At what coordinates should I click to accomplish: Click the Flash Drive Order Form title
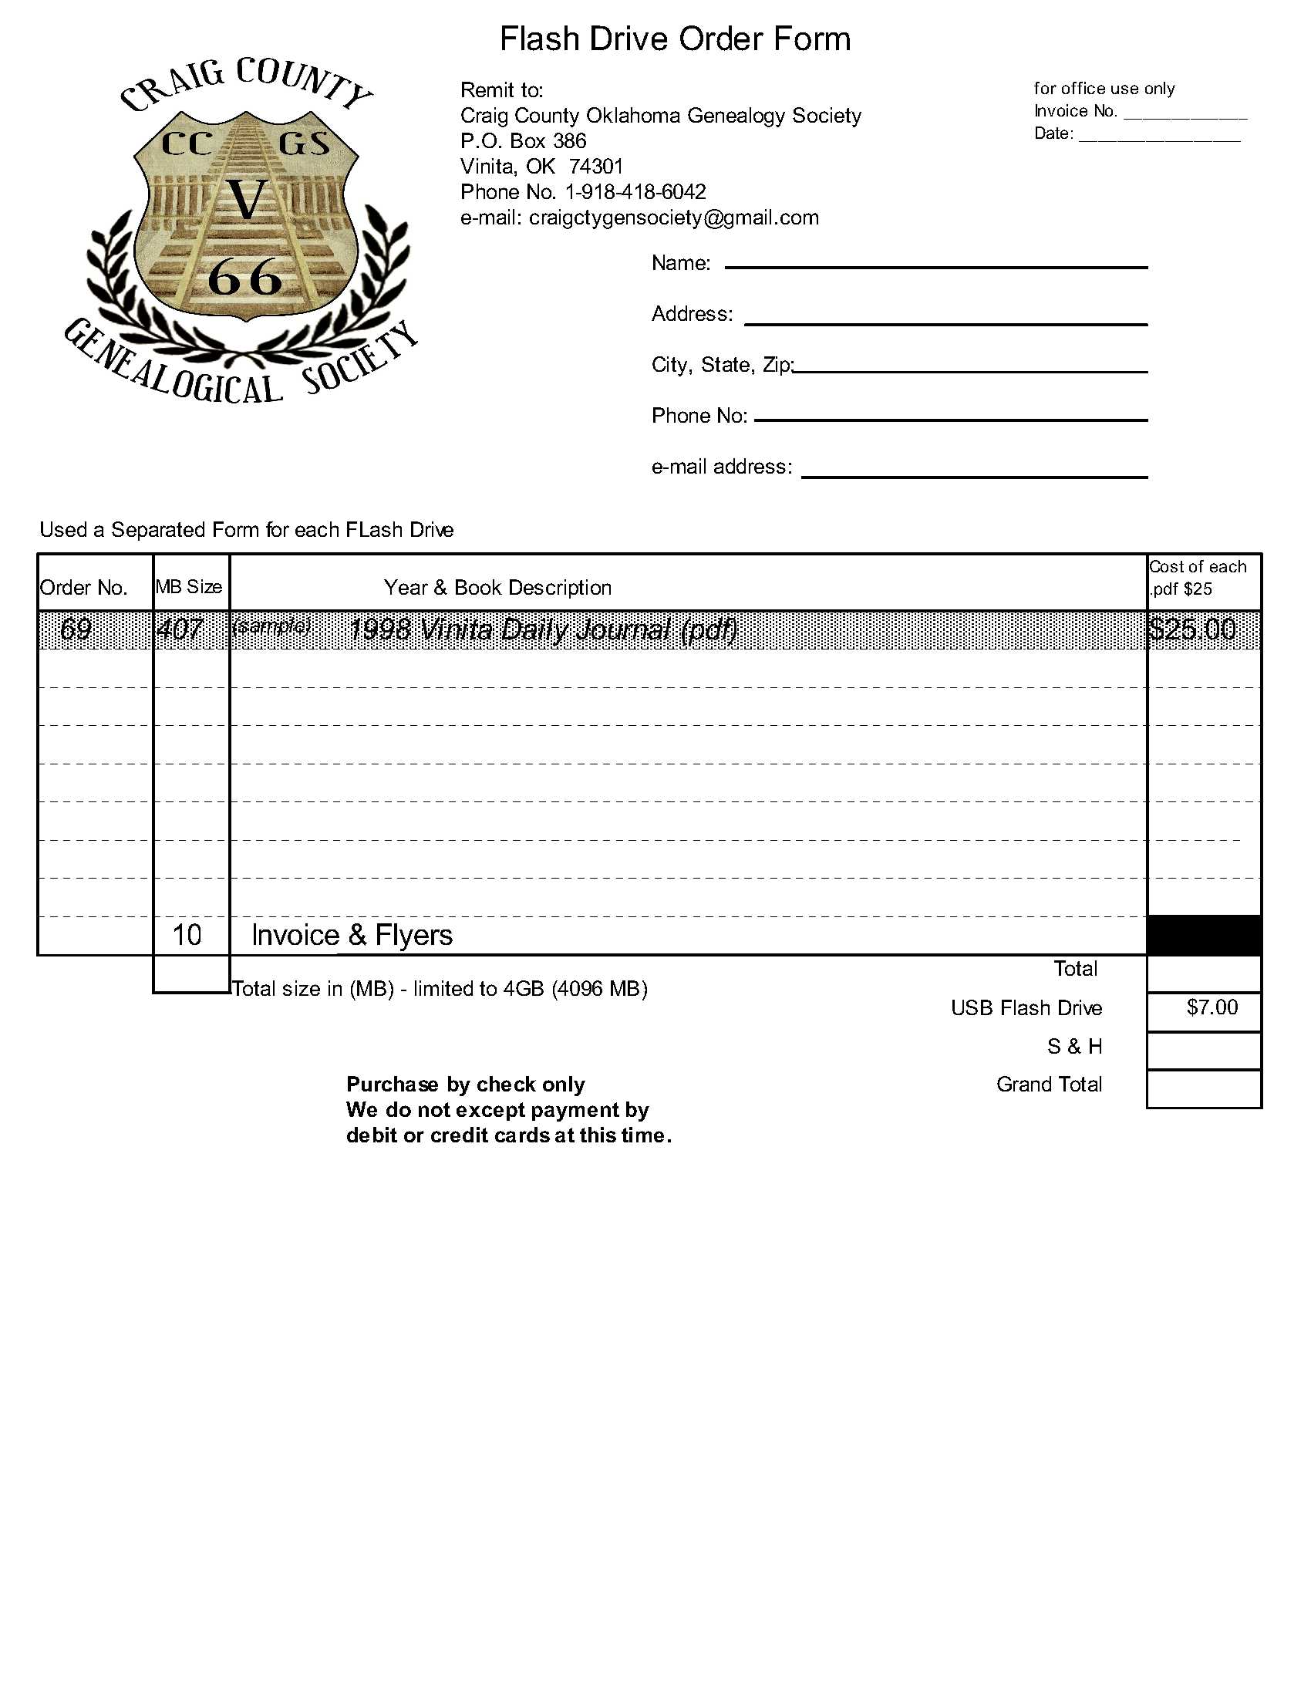674,39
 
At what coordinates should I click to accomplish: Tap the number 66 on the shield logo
244,278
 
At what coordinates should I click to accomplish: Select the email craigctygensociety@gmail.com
673,218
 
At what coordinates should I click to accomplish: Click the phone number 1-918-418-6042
635,192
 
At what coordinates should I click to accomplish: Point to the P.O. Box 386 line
523,140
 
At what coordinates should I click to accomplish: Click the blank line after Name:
935,266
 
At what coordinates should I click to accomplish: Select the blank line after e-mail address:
974,474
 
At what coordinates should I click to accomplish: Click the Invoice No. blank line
1185,116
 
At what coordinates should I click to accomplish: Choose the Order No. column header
83,588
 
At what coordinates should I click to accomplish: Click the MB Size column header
189,587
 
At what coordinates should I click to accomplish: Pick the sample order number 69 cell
76,629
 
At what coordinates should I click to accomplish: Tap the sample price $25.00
1191,629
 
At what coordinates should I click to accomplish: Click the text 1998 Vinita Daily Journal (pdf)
542,629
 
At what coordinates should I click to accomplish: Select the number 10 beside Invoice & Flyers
187,935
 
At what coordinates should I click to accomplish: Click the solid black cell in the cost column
1203,936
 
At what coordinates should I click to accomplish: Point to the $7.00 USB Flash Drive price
1212,1008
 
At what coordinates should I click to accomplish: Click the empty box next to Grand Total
1203,1088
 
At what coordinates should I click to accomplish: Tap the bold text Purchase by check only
465,1084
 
